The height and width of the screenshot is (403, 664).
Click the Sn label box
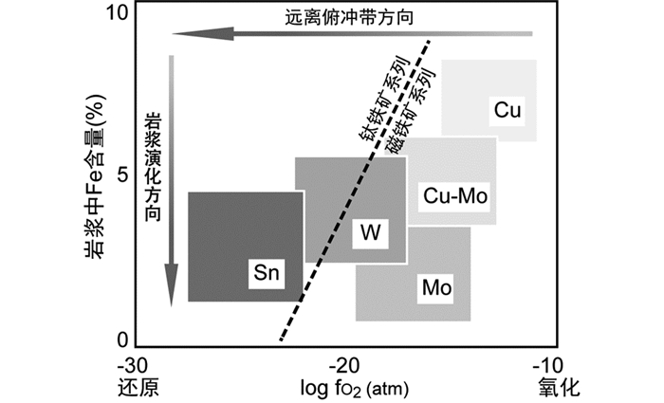click(x=266, y=273)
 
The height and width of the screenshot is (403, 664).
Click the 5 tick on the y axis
click(x=120, y=175)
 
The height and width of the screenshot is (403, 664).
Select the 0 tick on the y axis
click(x=120, y=339)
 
